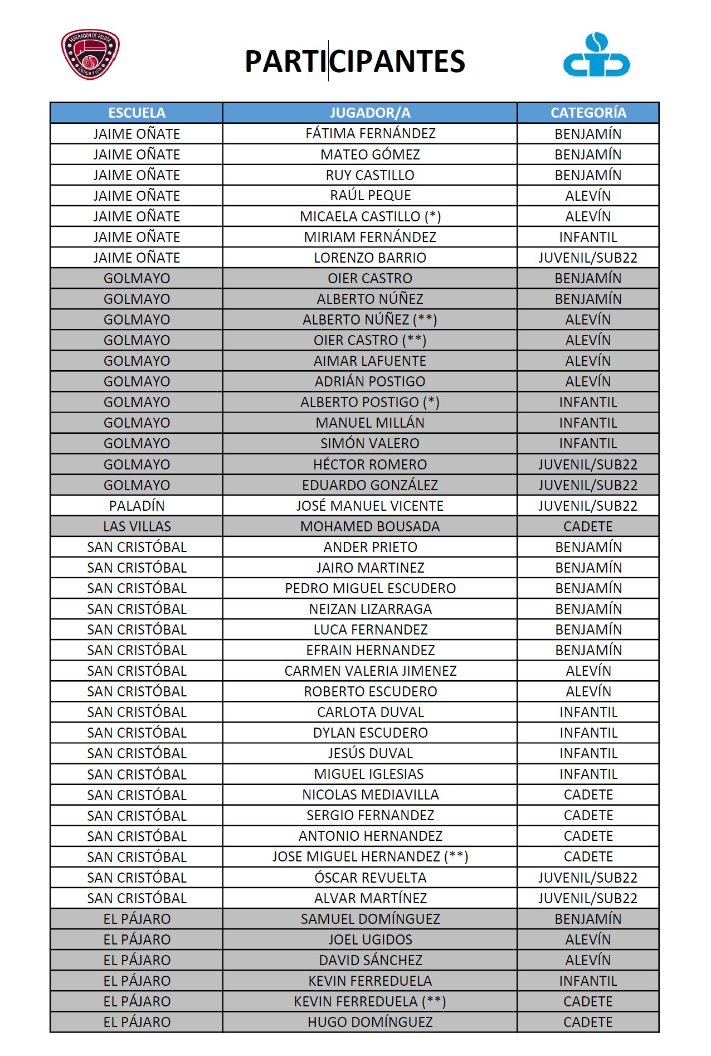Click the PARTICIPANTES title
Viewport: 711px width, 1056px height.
355,61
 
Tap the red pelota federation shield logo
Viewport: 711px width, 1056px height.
90,55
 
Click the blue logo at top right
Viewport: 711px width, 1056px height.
596,55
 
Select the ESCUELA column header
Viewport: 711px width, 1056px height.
137,113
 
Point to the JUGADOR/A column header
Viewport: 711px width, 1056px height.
370,113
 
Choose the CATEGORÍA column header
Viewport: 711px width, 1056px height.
588,113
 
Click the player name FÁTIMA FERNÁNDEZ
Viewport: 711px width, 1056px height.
370,134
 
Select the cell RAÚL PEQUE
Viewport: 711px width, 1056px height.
370,196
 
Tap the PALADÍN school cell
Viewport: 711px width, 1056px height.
137,506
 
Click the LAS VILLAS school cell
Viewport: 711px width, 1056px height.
137,526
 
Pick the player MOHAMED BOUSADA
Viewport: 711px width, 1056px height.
370,526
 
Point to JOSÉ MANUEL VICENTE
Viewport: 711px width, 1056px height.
370,506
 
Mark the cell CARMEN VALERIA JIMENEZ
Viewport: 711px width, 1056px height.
370,671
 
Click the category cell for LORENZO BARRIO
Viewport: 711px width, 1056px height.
588,258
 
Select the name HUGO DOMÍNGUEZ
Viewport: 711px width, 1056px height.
370,1022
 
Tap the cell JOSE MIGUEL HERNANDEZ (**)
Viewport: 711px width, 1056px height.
370,856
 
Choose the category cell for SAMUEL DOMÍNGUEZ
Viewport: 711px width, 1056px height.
588,919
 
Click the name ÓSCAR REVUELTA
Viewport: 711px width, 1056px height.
370,878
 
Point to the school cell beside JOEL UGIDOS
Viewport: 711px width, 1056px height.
137,939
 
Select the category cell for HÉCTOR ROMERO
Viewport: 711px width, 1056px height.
588,464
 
